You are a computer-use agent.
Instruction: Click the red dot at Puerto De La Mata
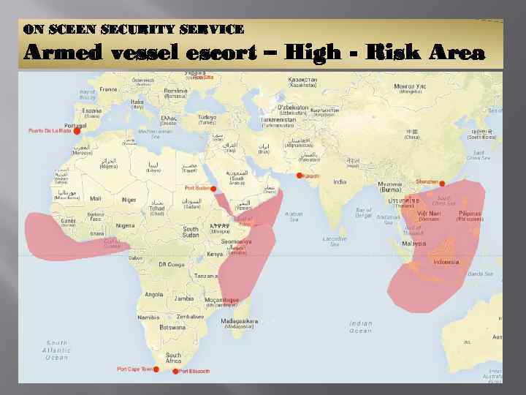point(77,132)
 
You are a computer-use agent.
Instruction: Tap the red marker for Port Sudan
point(214,188)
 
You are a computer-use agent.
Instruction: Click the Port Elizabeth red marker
point(175,372)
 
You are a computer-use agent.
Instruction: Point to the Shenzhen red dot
point(442,184)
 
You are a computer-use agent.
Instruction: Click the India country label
point(340,182)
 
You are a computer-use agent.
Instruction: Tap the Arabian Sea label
point(294,217)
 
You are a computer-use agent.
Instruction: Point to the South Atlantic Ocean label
point(57,350)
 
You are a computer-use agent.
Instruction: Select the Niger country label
point(129,200)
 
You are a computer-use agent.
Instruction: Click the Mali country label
point(96,197)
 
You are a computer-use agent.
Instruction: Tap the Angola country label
point(154,294)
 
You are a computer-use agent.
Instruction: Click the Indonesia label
point(446,261)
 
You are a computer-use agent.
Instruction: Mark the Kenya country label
point(214,254)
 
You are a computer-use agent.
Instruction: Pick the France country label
point(108,90)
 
